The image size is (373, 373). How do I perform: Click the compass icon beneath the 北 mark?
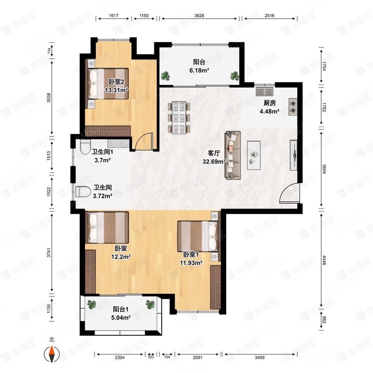click(x=51, y=354)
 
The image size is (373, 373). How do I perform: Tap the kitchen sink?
click(x=264, y=91)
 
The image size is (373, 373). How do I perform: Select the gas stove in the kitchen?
click(x=293, y=107)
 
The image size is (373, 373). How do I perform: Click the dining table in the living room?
click(x=179, y=118)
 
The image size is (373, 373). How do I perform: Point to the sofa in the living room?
click(x=233, y=155)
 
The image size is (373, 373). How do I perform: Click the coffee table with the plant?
click(x=254, y=155)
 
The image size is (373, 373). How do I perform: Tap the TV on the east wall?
click(x=294, y=155)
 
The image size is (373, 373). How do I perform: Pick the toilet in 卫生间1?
click(x=85, y=147)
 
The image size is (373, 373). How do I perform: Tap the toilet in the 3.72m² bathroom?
click(x=83, y=192)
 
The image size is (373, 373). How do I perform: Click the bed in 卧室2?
click(x=108, y=84)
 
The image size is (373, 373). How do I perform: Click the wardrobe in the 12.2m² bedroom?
click(x=90, y=272)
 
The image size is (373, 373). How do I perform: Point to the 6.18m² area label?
click(x=199, y=70)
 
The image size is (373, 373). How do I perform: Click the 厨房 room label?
click(x=270, y=103)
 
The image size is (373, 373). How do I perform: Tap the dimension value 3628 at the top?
click(x=199, y=16)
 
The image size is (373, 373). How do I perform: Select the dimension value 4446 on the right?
click(x=324, y=260)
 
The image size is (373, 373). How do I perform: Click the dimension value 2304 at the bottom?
click(x=120, y=357)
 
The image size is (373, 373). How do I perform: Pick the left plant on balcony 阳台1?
click(x=91, y=304)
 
